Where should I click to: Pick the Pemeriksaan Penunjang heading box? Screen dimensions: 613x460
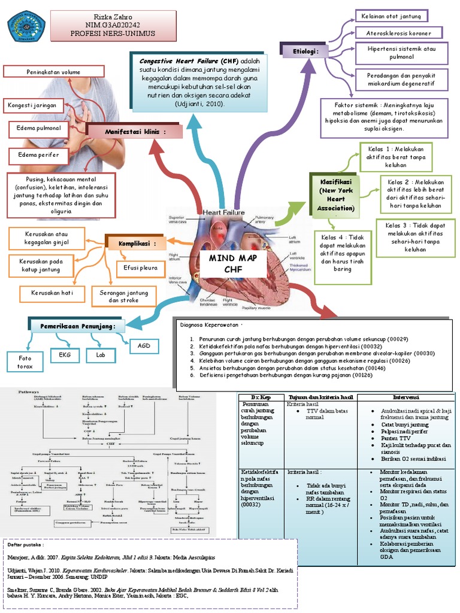(77, 326)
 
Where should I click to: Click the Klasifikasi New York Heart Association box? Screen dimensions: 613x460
(336, 195)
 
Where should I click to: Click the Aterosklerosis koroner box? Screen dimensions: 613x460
(398, 33)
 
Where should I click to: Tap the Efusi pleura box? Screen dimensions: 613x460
(137, 268)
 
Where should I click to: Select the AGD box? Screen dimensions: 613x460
(144, 346)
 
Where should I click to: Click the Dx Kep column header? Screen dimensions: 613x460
(261, 397)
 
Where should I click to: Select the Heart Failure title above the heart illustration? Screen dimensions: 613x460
(223, 212)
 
